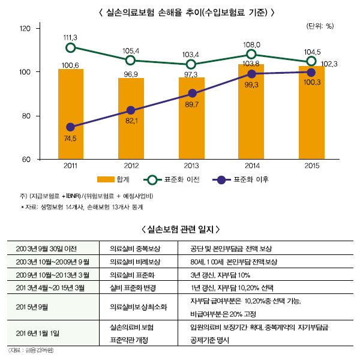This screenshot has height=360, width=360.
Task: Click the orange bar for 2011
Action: tap(71, 114)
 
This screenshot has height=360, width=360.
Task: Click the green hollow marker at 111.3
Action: tap(71, 47)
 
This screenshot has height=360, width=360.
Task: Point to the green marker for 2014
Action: tap(251, 55)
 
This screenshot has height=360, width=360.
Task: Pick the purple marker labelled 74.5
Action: tap(71, 127)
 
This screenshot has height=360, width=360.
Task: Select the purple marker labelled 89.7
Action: tap(191, 94)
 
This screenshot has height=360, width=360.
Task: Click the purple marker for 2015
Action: tap(311, 72)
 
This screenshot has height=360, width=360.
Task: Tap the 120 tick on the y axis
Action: tap(25, 28)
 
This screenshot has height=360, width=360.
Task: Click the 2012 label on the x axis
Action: tap(131, 165)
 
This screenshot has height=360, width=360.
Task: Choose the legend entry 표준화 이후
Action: tap(242, 179)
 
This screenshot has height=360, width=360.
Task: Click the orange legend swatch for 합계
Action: tap(106, 179)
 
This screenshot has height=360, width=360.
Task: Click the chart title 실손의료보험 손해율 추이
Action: tap(181, 11)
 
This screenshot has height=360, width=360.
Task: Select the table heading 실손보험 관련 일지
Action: tap(180, 229)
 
